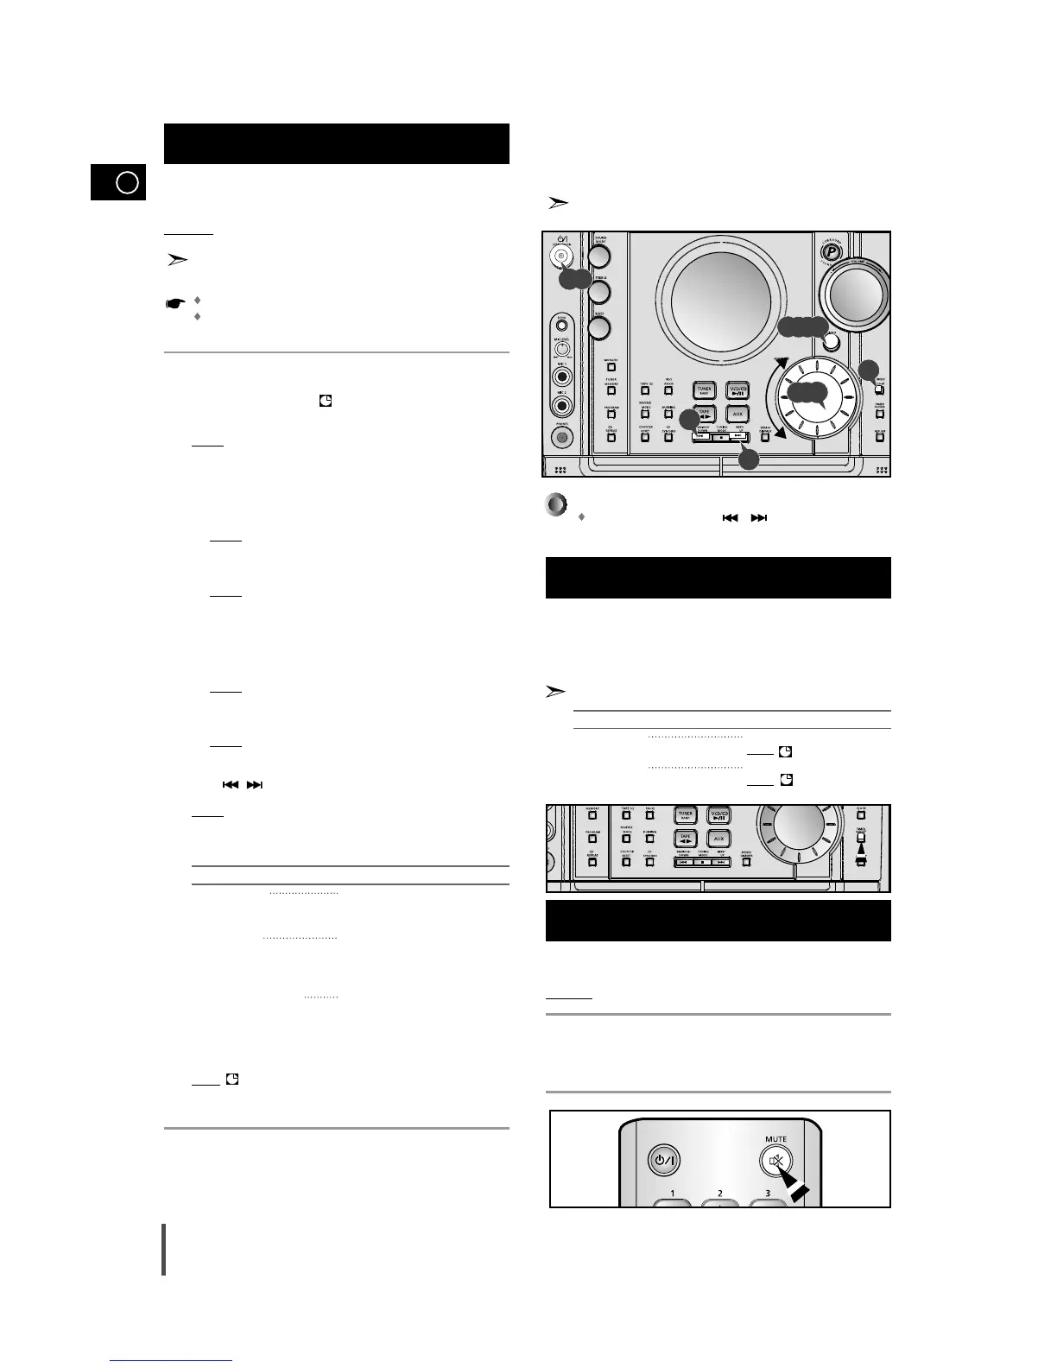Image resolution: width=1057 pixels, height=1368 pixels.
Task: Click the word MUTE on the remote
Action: pyautogui.click(x=775, y=1139)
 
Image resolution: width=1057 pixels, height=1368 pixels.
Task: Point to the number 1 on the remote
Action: pyautogui.click(x=672, y=1194)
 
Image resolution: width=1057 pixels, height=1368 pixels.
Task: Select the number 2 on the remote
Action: pyautogui.click(x=719, y=1194)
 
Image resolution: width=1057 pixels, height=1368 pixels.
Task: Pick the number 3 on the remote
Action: pyautogui.click(x=767, y=1194)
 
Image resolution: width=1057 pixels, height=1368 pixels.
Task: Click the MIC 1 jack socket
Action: pyautogui.click(x=562, y=377)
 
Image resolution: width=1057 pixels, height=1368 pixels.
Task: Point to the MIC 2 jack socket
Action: pyautogui.click(x=562, y=404)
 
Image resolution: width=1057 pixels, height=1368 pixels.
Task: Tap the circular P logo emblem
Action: pyautogui.click(x=831, y=253)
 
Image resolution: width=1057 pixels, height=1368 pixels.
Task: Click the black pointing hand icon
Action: pyautogui.click(x=176, y=303)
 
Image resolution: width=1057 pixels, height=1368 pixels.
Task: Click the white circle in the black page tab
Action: pyautogui.click(x=127, y=183)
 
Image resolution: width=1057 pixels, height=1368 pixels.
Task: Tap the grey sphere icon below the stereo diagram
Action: pyautogui.click(x=557, y=504)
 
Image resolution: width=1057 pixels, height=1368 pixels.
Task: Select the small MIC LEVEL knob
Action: pyautogui.click(x=562, y=350)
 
